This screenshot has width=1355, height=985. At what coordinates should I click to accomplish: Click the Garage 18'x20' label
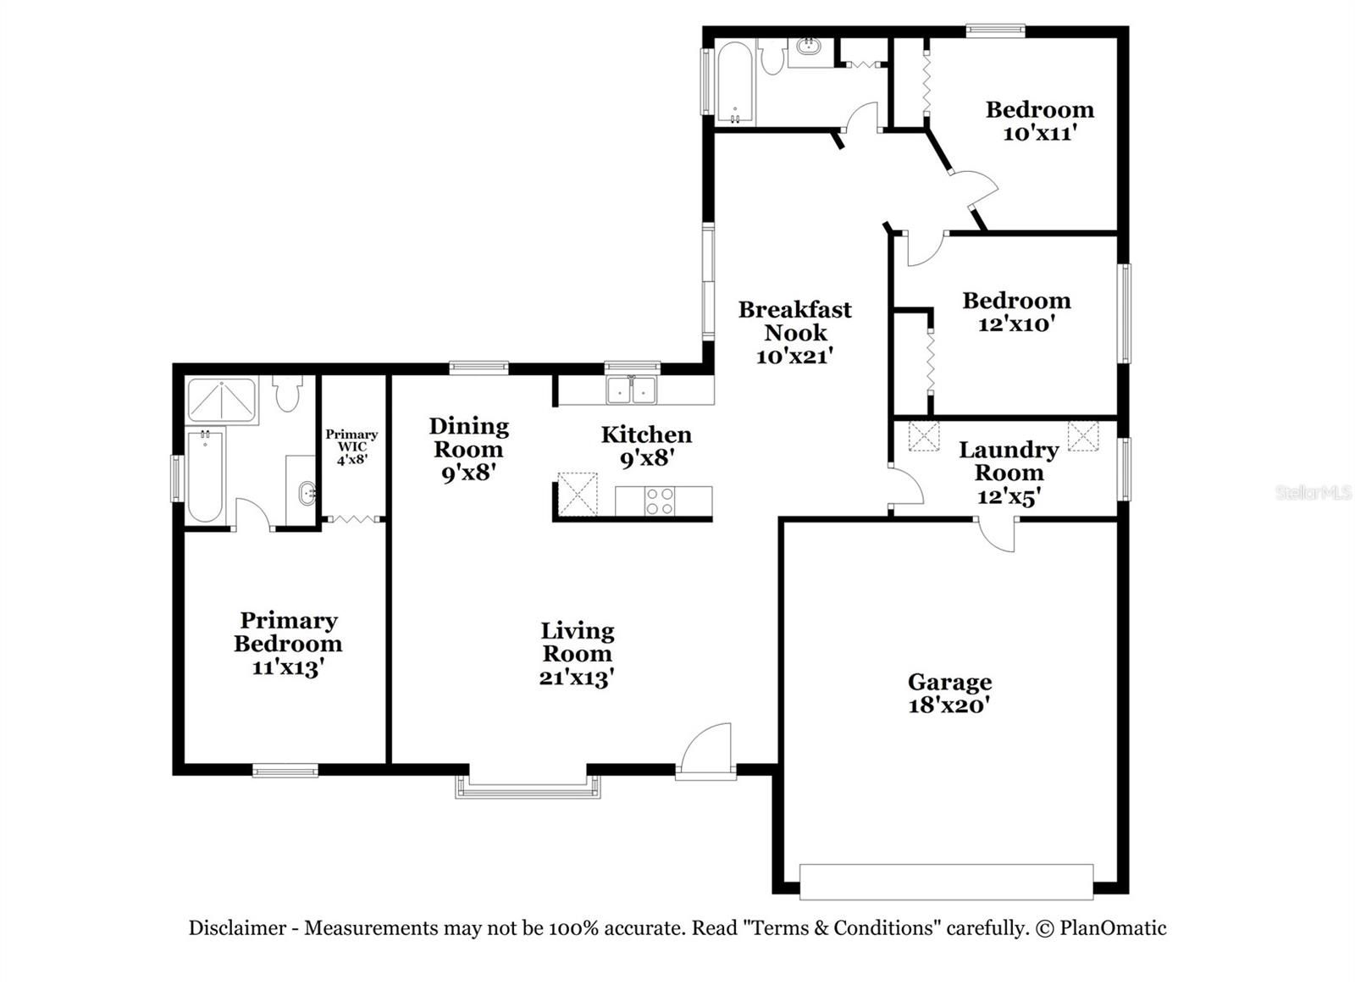[x=949, y=693]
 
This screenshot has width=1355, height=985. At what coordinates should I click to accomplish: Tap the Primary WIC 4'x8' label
[x=351, y=446]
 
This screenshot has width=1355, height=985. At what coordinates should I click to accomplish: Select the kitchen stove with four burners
[x=660, y=501]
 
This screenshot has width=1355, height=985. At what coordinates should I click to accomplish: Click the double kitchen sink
[x=632, y=390]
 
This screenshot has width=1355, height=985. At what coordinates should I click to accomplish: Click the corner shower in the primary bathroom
[x=221, y=400]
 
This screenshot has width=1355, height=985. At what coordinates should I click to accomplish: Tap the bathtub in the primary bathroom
[x=205, y=476]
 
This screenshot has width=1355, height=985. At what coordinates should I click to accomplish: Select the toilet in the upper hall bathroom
[x=772, y=58]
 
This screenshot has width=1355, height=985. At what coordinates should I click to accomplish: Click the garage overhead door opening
[x=946, y=881]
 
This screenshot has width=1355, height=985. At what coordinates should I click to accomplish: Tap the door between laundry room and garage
[x=997, y=534]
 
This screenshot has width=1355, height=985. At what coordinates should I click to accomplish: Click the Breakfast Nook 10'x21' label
[x=794, y=332]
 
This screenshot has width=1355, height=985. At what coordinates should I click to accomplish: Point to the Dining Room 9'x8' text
[x=468, y=449]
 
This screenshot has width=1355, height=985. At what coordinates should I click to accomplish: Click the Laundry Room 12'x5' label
[x=1008, y=473]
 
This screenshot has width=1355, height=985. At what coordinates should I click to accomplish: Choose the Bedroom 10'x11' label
[x=1039, y=120]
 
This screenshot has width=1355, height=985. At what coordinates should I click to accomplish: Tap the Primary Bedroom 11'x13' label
[x=288, y=644]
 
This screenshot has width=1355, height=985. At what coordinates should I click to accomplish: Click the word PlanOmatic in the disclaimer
[x=1112, y=928]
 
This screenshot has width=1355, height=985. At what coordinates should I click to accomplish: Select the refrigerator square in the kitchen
[x=578, y=494]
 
